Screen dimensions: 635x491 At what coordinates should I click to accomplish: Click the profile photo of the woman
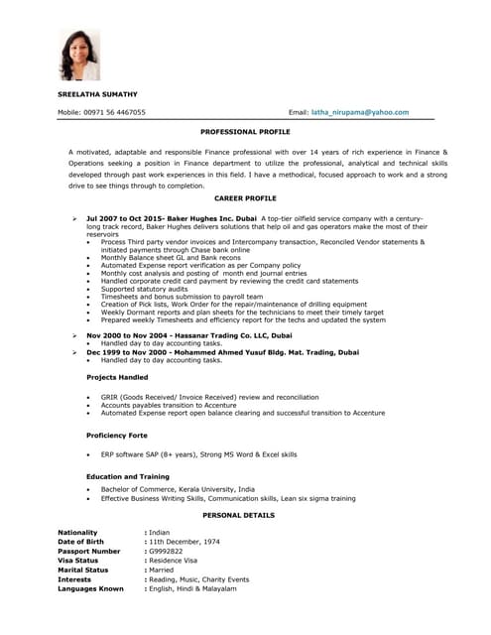(x=80, y=54)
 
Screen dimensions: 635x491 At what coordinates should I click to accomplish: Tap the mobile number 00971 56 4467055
(x=116, y=113)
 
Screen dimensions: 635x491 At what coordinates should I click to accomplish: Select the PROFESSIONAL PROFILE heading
(x=245, y=131)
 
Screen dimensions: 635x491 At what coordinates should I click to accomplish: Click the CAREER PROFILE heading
(x=245, y=198)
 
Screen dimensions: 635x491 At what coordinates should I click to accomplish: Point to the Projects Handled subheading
(x=117, y=377)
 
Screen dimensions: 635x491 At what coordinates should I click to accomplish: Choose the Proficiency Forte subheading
(x=117, y=436)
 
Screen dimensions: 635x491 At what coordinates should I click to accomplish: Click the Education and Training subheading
(x=127, y=477)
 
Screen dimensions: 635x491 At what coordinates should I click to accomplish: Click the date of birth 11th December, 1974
(x=184, y=542)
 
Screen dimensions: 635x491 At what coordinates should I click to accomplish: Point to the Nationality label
(x=78, y=533)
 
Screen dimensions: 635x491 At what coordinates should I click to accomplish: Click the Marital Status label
(x=83, y=570)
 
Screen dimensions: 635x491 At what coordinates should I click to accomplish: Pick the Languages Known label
(x=91, y=588)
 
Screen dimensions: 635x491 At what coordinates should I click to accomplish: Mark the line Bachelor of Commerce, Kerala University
(x=178, y=489)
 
